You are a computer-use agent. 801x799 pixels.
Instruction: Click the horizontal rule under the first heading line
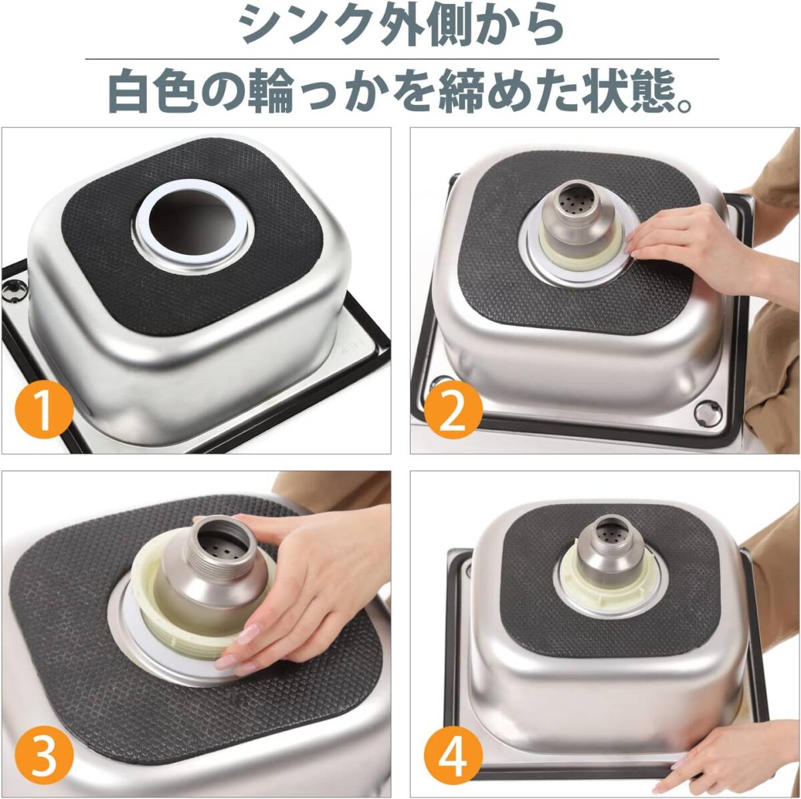coord(402,59)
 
